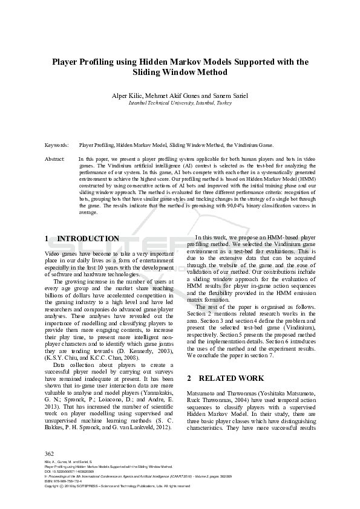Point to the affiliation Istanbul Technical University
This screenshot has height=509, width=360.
[160, 103]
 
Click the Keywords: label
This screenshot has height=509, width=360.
[57, 146]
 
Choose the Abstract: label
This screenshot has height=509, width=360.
[55, 158]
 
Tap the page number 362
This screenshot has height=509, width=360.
[50, 454]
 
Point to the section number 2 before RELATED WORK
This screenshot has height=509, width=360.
[189, 379]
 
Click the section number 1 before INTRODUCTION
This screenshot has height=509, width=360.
[48, 239]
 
